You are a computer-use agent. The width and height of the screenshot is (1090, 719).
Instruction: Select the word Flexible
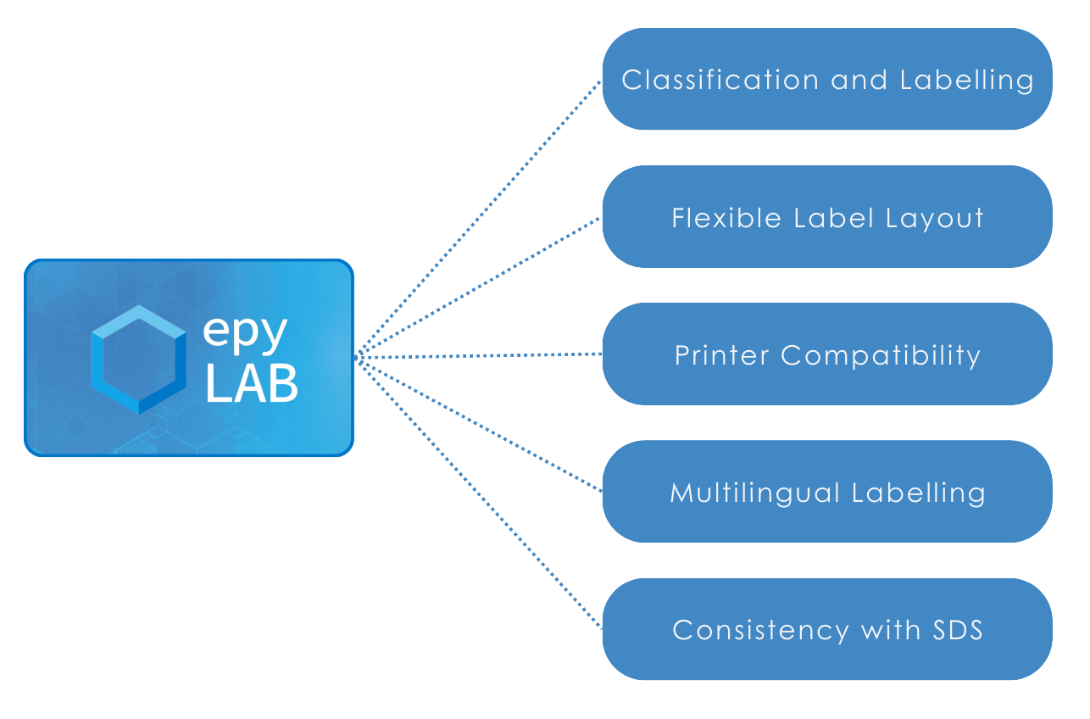pyautogui.click(x=726, y=218)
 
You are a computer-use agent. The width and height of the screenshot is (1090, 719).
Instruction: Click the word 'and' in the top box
pyautogui.click(x=859, y=80)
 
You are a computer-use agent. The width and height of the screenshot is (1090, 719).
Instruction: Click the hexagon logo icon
pyautogui.click(x=138, y=359)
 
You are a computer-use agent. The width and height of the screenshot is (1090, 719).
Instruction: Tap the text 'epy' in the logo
pyautogui.click(x=244, y=333)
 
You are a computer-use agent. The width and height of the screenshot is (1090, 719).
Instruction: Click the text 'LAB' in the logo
pyautogui.click(x=252, y=384)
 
